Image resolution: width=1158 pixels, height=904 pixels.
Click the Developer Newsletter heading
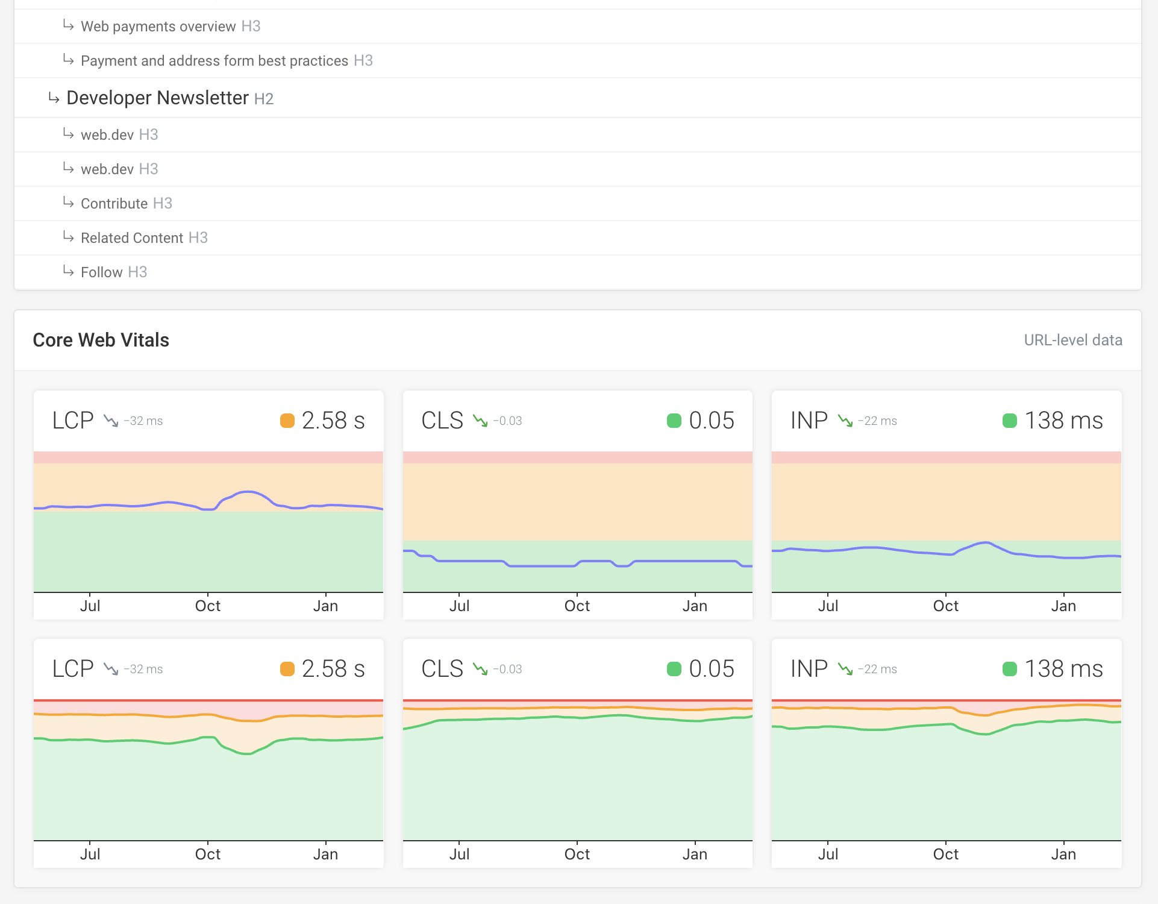coord(157,98)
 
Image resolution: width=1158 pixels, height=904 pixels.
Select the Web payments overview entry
coord(158,27)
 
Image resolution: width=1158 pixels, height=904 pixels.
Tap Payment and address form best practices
coord(214,61)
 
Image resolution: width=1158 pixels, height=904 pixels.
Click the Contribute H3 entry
coord(114,204)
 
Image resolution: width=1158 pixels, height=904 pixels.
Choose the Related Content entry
coord(131,238)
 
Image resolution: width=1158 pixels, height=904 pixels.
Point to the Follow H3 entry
coord(101,272)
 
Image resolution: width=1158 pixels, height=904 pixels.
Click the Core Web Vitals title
coord(101,340)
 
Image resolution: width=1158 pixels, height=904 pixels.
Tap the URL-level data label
coord(1072,340)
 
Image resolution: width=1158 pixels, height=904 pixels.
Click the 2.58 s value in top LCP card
coord(333,421)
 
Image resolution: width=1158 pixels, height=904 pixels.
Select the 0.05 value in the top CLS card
coord(711,421)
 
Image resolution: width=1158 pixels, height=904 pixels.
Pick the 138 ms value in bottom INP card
coord(1063,669)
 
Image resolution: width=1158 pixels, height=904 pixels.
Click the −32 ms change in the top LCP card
coord(143,421)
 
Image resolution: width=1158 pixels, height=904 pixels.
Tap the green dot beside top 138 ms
coord(1010,421)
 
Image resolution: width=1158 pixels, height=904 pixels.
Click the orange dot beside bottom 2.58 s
coord(287,669)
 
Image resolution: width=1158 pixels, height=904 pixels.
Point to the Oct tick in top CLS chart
coord(577,606)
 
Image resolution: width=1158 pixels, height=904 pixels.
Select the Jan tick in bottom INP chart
coord(1063,854)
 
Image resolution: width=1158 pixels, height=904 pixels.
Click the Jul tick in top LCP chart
coord(90,606)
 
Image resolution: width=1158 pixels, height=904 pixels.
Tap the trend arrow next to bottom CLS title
coord(480,669)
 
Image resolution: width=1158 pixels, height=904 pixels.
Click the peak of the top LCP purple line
coord(248,492)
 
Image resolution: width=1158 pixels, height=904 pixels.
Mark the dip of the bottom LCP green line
coord(247,753)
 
